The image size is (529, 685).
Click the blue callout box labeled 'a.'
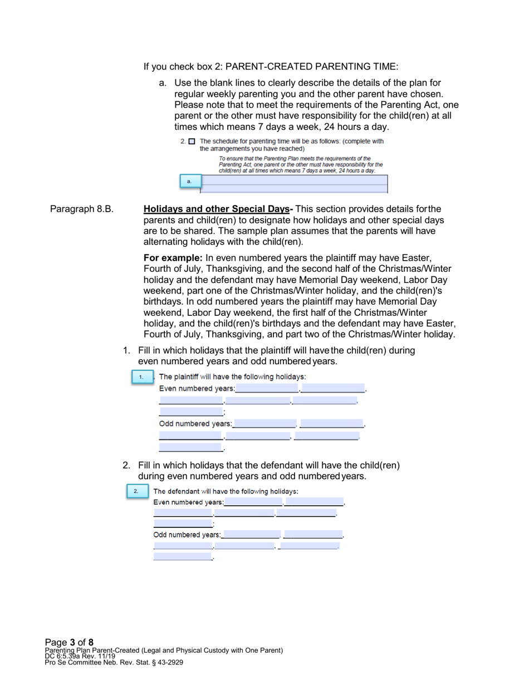(189, 181)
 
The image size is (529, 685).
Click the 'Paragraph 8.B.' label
(82, 209)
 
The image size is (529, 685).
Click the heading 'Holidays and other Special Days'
(217, 209)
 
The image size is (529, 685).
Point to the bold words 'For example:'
(173, 258)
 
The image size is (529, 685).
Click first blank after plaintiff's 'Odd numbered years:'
(264, 423)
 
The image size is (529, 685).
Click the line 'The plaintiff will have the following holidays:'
(232, 377)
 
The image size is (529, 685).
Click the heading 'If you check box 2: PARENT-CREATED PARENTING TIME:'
(271, 67)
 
